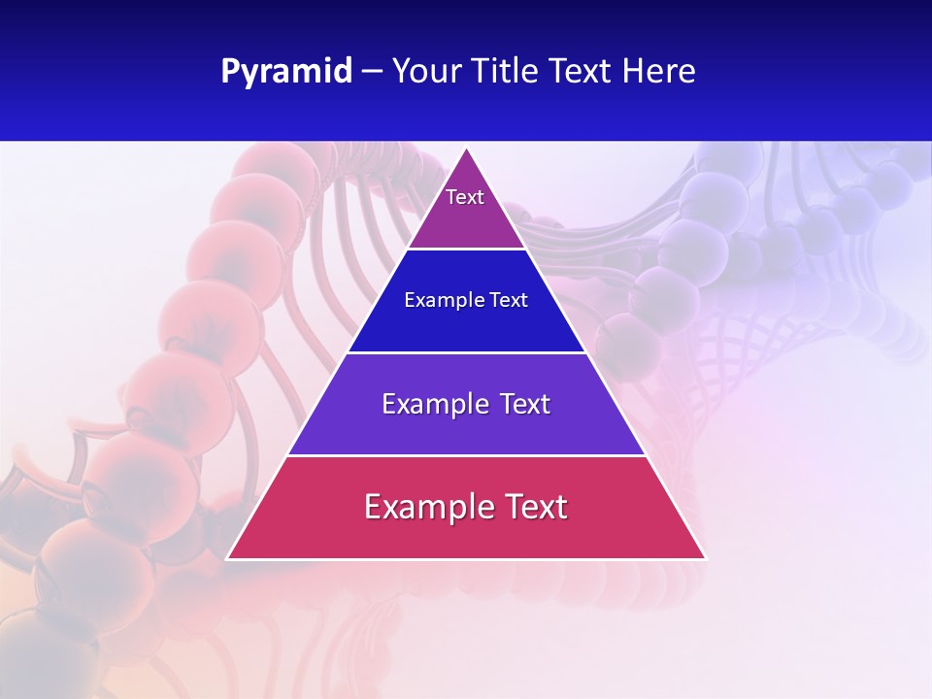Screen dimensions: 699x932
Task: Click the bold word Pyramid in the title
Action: (286, 72)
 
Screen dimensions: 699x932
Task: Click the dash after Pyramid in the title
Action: (372, 73)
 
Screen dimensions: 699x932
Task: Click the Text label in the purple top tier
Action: (465, 197)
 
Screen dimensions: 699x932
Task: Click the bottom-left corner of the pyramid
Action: (227, 559)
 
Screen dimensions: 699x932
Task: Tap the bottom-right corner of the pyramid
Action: (706, 559)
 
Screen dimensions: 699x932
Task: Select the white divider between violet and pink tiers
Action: (467, 455)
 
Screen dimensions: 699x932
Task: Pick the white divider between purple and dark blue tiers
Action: (467, 250)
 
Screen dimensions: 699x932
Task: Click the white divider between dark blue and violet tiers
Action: (467, 352)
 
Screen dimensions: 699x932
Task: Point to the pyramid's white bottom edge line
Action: (467, 559)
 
